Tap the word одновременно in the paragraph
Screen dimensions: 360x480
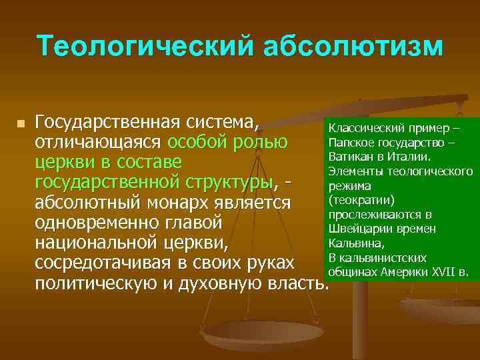point(99,222)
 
